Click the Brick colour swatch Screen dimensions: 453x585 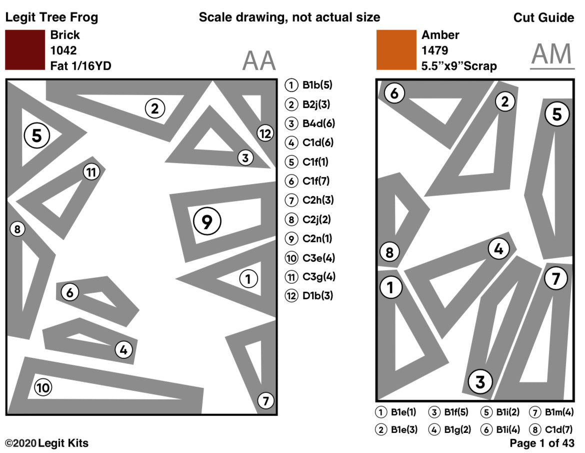24,50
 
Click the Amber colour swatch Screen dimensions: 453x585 396,50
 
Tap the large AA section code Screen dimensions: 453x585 259,61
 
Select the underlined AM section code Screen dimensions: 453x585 552,55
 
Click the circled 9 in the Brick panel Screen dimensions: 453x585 207,222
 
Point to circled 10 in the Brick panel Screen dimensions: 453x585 43,387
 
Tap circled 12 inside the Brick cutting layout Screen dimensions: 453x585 265,133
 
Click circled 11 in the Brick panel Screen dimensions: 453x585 91,172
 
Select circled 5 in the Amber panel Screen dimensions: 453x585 556,115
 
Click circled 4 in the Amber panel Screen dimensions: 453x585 498,248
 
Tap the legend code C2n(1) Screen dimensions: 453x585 317,238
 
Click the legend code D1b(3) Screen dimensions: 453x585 317,295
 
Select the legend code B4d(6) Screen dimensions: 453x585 318,124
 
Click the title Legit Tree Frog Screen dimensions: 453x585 51,18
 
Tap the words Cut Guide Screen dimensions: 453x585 543,18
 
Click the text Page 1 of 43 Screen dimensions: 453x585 541,443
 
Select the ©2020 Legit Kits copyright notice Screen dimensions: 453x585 46,443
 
